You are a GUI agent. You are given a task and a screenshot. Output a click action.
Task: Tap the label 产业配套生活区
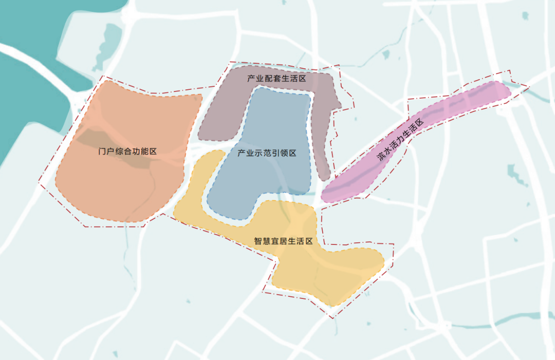coord(276,79)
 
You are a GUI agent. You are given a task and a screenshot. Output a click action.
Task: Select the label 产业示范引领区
coord(267,153)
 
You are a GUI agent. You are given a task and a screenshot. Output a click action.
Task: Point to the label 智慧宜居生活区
coord(283,241)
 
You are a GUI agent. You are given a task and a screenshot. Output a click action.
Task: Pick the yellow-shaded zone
coord(329,272)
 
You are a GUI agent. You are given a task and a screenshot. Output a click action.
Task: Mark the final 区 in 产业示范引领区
coord(292,153)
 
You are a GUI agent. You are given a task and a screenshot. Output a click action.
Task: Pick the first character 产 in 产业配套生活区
coord(251,79)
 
